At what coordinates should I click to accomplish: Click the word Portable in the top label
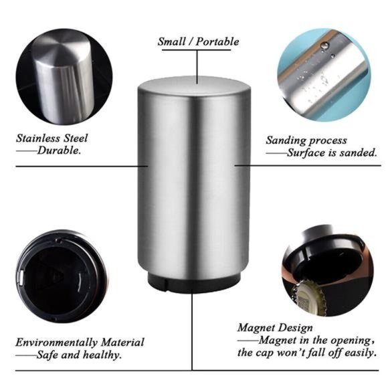tap(217, 41)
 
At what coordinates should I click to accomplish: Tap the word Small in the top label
tap(172, 41)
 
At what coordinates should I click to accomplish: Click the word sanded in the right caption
tap(359, 153)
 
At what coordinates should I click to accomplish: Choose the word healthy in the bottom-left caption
tap(100, 355)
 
